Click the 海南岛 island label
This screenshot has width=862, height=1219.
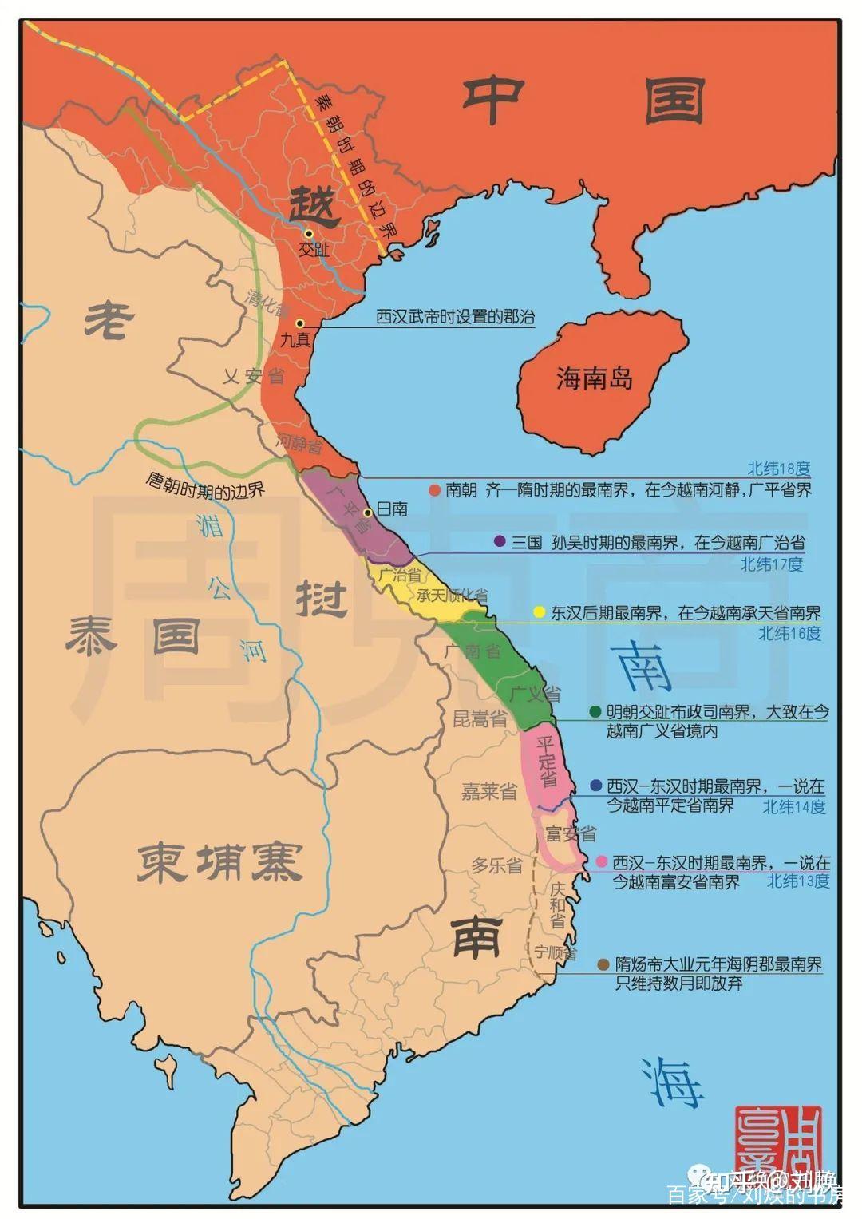[x=595, y=377]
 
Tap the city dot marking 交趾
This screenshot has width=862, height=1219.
[x=308, y=233]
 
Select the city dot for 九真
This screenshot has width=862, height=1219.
[x=299, y=323]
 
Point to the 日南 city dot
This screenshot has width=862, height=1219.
[x=367, y=513]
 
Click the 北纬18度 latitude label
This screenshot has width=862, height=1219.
[x=778, y=469]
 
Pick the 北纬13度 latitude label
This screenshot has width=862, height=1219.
[x=798, y=881]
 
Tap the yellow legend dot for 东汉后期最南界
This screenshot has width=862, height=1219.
[x=539, y=612]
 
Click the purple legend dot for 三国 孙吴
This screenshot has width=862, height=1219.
[x=500, y=541]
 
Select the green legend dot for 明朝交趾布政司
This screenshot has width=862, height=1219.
[x=595, y=711]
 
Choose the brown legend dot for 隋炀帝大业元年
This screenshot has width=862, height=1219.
[x=603, y=964]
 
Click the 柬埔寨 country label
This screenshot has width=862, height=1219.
[x=219, y=863]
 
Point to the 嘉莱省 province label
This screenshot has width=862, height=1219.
[x=489, y=791]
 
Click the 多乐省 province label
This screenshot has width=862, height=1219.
[x=496, y=865]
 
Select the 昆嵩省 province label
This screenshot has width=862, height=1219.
[x=480, y=718]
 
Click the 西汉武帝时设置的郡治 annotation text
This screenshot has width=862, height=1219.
[x=455, y=316]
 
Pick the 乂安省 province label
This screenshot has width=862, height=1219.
[x=253, y=375]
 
